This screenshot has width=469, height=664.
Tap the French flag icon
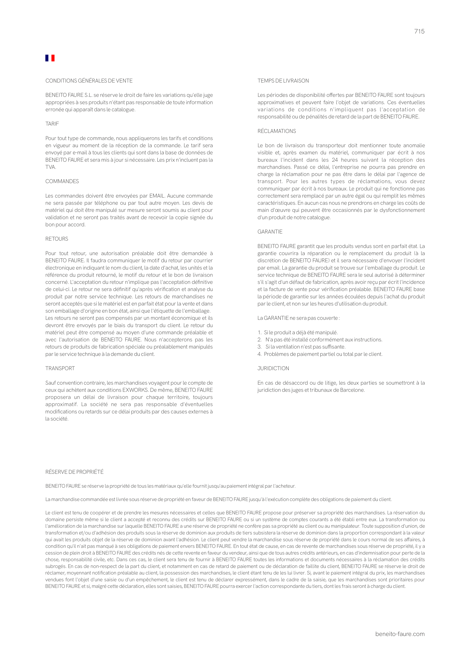(50, 58)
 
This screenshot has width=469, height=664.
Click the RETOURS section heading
(57, 239)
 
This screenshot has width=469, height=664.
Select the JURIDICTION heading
(273, 368)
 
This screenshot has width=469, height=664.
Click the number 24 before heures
(335, 160)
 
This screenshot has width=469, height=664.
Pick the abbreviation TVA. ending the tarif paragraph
(51, 167)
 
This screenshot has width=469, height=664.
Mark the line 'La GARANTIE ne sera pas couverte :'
(298, 318)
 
